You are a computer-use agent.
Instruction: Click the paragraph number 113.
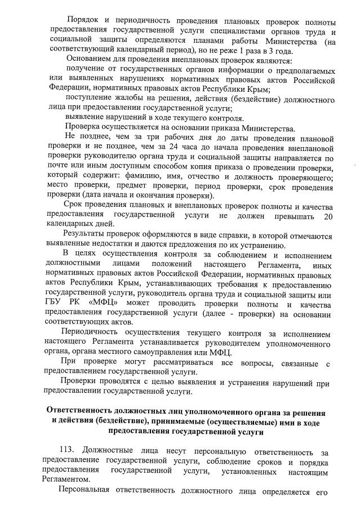(x=68, y=450)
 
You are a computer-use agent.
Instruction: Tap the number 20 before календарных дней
(x=329, y=217)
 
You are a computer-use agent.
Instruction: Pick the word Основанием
(x=90, y=60)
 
